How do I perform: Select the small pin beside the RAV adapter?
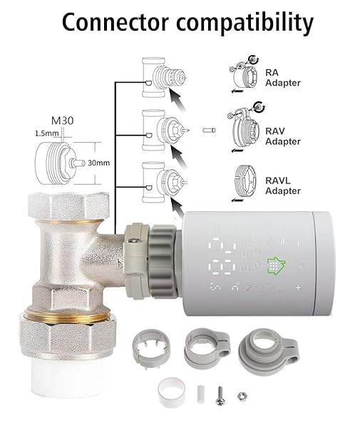click(208, 130)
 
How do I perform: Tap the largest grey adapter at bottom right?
click(259, 350)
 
